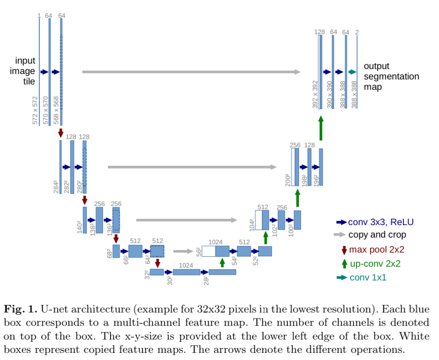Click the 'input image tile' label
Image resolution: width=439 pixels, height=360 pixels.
pyautogui.click(x=22, y=71)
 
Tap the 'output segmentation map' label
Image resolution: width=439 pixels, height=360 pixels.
pyautogui.click(x=392, y=76)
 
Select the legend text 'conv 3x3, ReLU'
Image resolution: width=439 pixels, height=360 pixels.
pyautogui.click(x=381, y=222)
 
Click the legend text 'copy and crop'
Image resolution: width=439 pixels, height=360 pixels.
pyautogui.click(x=377, y=235)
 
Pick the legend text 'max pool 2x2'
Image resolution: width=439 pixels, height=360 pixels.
pyautogui.click(x=377, y=249)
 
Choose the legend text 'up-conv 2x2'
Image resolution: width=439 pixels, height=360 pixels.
pyautogui.click(x=375, y=264)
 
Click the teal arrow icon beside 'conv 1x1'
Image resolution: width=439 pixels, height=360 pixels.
pyautogui.click(x=342, y=278)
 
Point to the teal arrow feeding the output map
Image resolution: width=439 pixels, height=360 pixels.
pyautogui.click(x=352, y=72)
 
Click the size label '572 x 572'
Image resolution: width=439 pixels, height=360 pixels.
pyautogui.click(x=35, y=110)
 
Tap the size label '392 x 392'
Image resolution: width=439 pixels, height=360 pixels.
pyautogui.click(x=315, y=94)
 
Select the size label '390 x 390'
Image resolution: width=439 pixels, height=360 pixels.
pyautogui.click(x=330, y=94)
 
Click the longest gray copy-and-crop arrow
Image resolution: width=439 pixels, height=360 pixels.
pyautogui.click(x=191, y=72)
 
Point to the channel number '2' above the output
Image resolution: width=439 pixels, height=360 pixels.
pyautogui.click(x=357, y=32)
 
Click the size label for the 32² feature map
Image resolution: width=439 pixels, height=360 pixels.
pyautogui.click(x=147, y=275)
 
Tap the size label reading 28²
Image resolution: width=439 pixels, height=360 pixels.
pyautogui.click(x=206, y=281)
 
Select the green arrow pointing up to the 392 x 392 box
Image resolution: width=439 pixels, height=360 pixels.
pyautogui.click(x=321, y=128)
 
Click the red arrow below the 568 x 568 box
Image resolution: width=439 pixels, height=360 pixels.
pyautogui.click(x=61, y=133)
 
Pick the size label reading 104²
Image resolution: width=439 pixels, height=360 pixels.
pyautogui.click(x=252, y=225)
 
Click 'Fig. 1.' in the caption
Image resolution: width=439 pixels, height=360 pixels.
pyautogui.click(x=20, y=309)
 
